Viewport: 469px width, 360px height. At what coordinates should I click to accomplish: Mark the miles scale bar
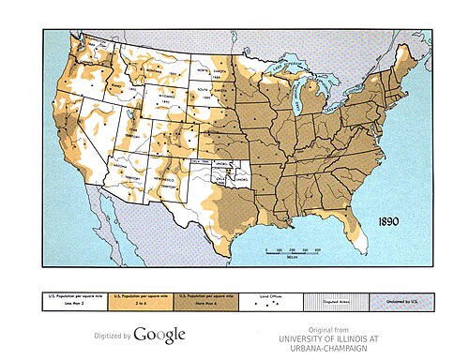pyautogui.click(x=292, y=250)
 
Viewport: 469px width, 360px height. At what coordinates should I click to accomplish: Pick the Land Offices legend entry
pyautogui.click(x=270, y=300)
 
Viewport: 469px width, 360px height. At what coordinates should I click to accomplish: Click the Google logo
pyautogui.click(x=159, y=335)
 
